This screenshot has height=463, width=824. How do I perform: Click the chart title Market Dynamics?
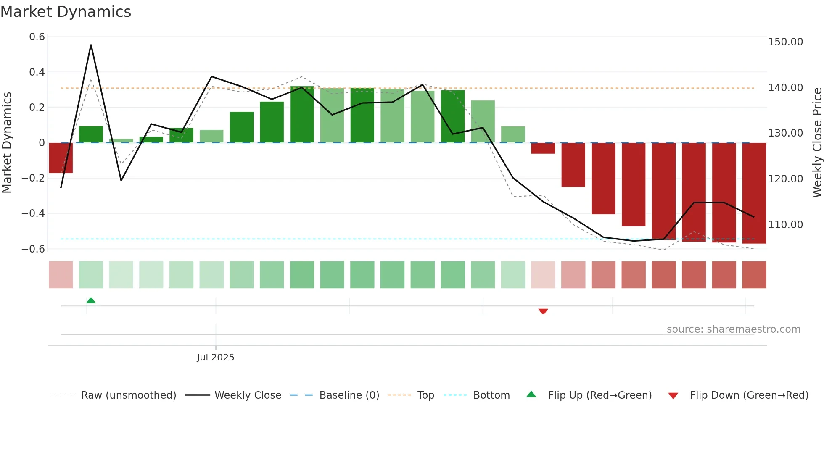[x=66, y=12]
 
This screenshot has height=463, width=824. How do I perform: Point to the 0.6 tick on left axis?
[x=37, y=37]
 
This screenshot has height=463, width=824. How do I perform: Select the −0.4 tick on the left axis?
[x=33, y=213]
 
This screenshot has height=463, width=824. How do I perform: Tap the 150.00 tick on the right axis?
[x=785, y=42]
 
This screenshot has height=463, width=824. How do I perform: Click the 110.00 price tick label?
[x=785, y=225]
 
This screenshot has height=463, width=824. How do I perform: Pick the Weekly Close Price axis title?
[x=817, y=143]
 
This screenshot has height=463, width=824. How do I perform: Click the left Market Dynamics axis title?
[x=7, y=143]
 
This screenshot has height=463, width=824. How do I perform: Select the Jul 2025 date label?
[x=215, y=358]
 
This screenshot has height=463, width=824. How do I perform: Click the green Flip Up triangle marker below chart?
[x=91, y=300]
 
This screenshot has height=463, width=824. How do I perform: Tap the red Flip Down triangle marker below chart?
[x=543, y=311]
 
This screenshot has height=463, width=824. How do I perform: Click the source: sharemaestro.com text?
[x=734, y=329]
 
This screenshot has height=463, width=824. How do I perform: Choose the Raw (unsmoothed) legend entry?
[x=128, y=395]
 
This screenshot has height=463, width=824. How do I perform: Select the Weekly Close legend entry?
[x=248, y=395]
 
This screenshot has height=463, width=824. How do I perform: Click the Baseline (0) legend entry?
[x=349, y=395]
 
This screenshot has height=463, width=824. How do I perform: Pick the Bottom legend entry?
[x=491, y=395]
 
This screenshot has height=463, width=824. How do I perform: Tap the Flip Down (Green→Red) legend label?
[x=749, y=395]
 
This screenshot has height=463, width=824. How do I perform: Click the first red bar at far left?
[x=61, y=158]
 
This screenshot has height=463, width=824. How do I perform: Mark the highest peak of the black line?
[x=91, y=45]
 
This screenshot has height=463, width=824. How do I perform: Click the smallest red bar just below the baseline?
[x=543, y=148]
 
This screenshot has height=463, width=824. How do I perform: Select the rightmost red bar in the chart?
[x=754, y=193]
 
